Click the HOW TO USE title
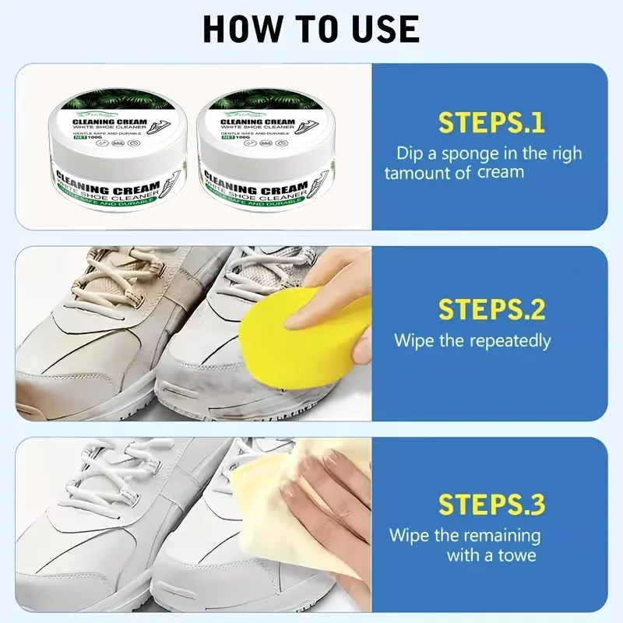click(x=311, y=29)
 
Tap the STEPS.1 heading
click(x=491, y=123)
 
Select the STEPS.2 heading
click(x=491, y=309)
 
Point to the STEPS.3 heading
click(x=491, y=504)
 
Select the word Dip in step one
click(x=410, y=153)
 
